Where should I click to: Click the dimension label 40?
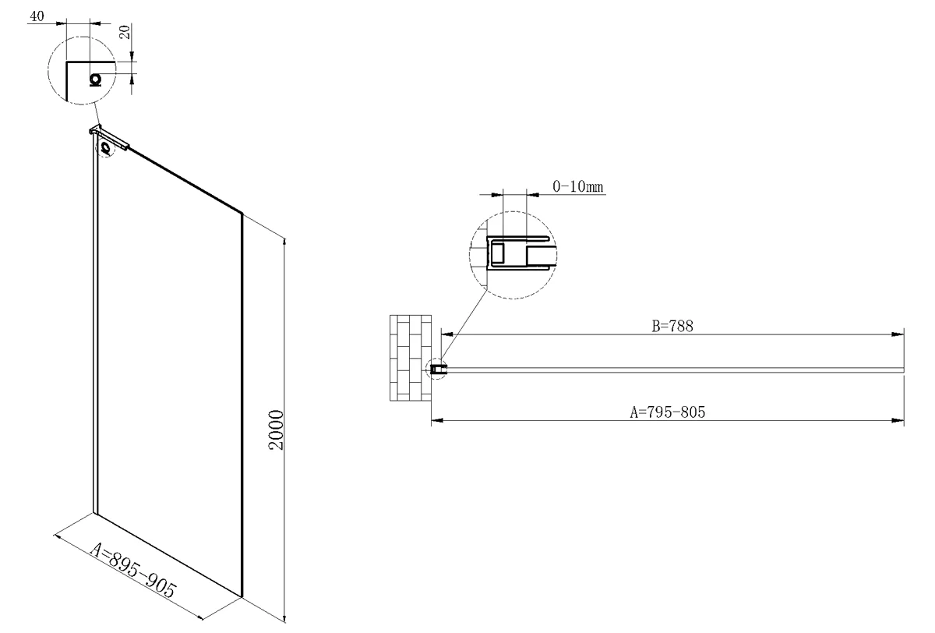(37, 16)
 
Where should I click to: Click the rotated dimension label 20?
(125, 32)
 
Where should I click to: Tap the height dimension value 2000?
(276, 430)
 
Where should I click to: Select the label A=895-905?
(133, 571)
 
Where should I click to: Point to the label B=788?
(672, 326)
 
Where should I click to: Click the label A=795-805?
(668, 412)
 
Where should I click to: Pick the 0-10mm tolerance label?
(578, 186)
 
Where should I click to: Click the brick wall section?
(411, 358)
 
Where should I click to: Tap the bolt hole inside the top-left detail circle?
(96, 80)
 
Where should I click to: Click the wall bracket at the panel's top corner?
(109, 137)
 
